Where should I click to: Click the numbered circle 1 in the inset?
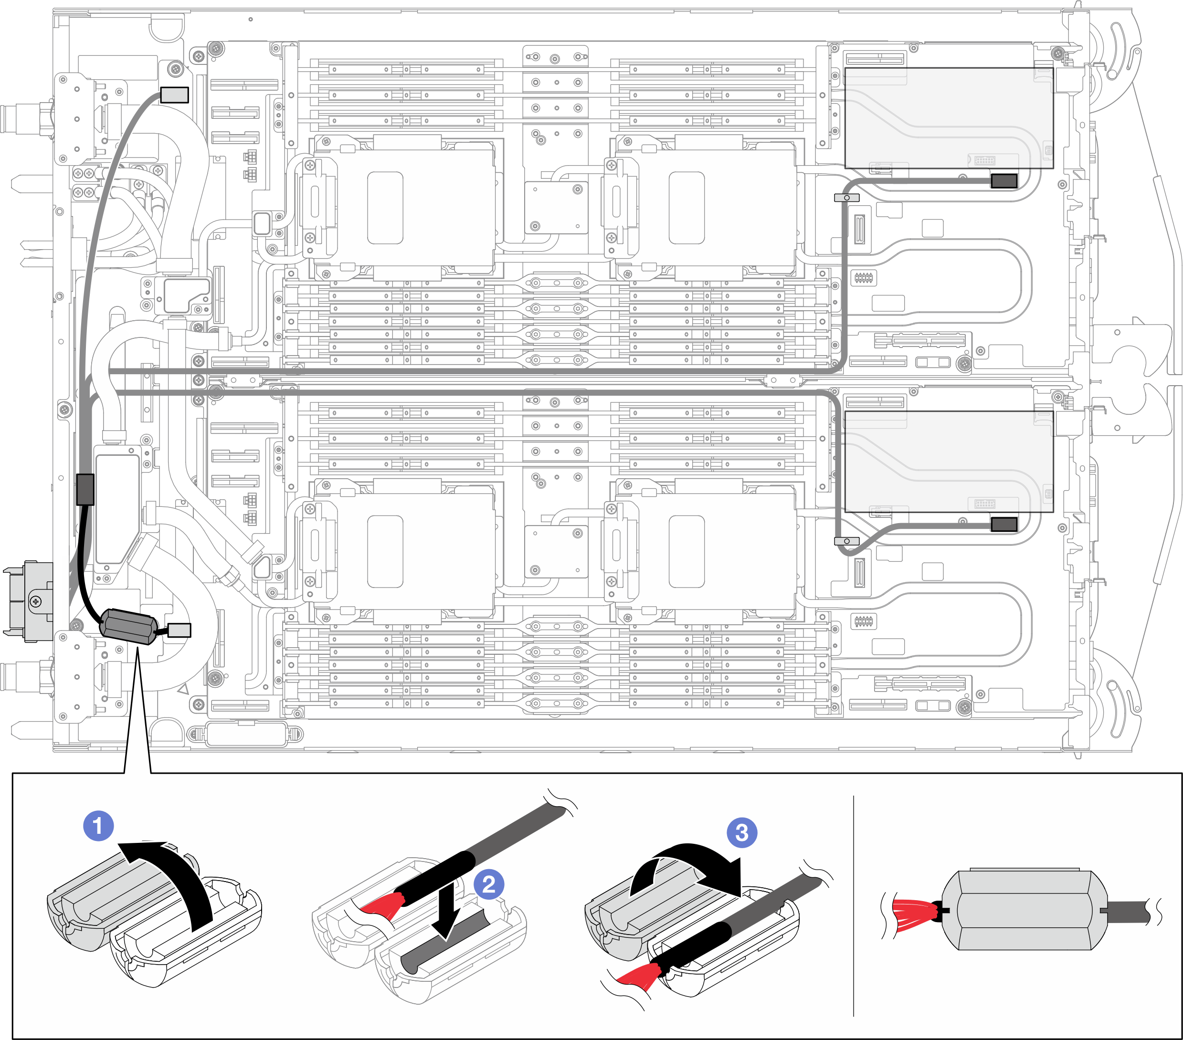(98, 826)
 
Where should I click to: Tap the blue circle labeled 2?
(488, 884)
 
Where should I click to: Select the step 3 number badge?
(741, 833)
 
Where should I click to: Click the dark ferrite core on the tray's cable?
(128, 626)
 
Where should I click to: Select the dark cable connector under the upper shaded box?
(1003, 180)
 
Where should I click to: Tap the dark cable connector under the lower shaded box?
(1003, 525)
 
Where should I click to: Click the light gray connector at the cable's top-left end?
(174, 95)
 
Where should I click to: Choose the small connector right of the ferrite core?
(180, 630)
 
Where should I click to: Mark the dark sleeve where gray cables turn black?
(85, 489)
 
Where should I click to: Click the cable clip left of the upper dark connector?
(846, 198)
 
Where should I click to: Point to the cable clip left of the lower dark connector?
(846, 541)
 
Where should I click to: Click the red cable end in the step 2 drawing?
(382, 904)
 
